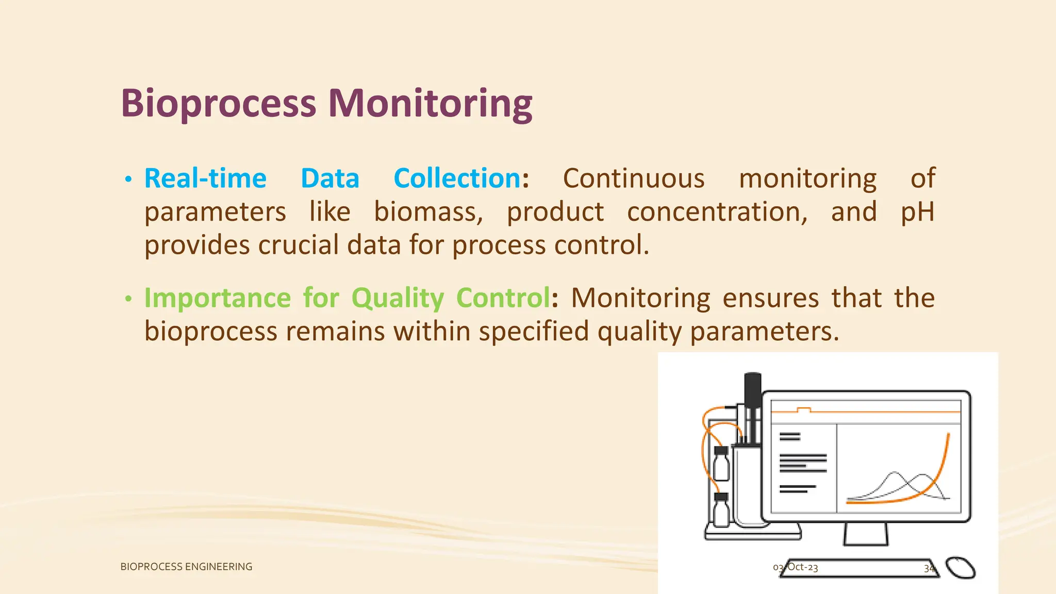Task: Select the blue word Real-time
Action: click(205, 179)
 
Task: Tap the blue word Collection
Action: click(457, 179)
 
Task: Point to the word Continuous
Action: click(633, 179)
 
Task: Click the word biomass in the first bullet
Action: click(428, 212)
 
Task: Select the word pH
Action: click(917, 212)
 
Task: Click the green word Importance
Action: click(218, 299)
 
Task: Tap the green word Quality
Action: click(398, 299)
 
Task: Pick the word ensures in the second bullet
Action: click(770, 299)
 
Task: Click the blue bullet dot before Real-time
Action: click(128, 180)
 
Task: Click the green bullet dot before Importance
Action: click(128, 299)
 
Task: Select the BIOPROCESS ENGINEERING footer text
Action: click(186, 567)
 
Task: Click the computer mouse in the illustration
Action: click(960, 568)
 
